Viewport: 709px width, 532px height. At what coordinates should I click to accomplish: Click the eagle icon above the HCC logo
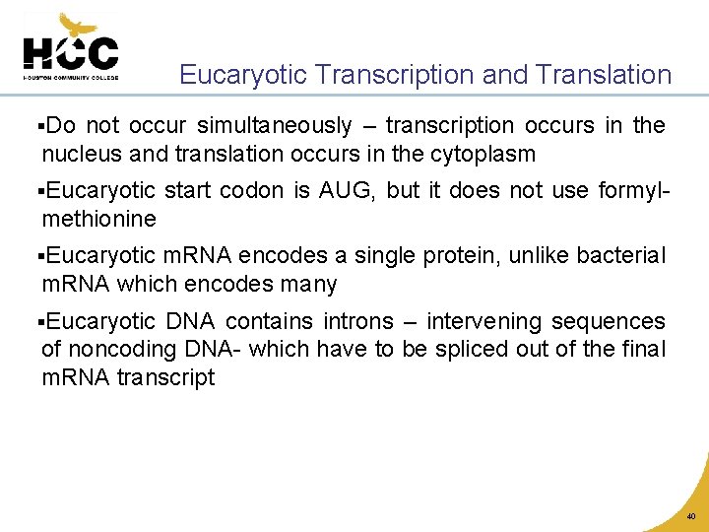coord(77,25)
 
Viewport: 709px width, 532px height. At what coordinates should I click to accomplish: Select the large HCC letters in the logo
coord(70,53)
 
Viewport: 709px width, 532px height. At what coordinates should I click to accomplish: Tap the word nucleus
coord(80,154)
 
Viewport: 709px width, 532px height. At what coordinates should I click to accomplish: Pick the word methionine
coord(98,219)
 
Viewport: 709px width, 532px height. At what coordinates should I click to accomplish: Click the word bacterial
coord(621,256)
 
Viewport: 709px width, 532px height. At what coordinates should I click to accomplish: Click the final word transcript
coord(166,377)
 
